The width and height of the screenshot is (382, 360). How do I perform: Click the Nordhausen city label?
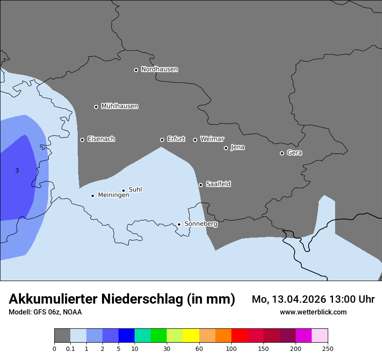[x=159, y=69]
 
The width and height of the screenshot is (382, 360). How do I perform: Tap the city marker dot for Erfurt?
[x=162, y=140]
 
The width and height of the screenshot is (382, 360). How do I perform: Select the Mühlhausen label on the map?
[x=119, y=106]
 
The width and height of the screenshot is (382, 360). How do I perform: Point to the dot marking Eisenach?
[x=82, y=140]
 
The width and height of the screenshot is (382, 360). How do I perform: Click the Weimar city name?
[x=212, y=139]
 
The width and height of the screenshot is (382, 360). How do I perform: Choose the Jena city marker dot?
[x=226, y=148]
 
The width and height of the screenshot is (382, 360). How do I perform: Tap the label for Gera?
[x=294, y=153]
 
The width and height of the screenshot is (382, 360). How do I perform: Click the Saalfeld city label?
[x=218, y=184]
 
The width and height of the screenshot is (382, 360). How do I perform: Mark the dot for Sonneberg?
[x=179, y=224]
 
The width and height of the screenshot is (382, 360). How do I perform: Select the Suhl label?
[x=135, y=190]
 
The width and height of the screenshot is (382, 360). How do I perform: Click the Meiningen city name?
[x=113, y=195]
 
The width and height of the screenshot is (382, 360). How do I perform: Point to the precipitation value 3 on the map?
[x=17, y=171]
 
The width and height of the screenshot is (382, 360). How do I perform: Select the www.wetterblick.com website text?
[x=313, y=312]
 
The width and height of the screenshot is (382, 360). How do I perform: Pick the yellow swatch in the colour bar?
[x=191, y=336]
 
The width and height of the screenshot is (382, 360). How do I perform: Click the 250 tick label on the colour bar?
[x=328, y=349]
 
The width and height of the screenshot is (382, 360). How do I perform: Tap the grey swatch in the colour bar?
[x=62, y=336]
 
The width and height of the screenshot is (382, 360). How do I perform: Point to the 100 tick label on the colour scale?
[x=231, y=349]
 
